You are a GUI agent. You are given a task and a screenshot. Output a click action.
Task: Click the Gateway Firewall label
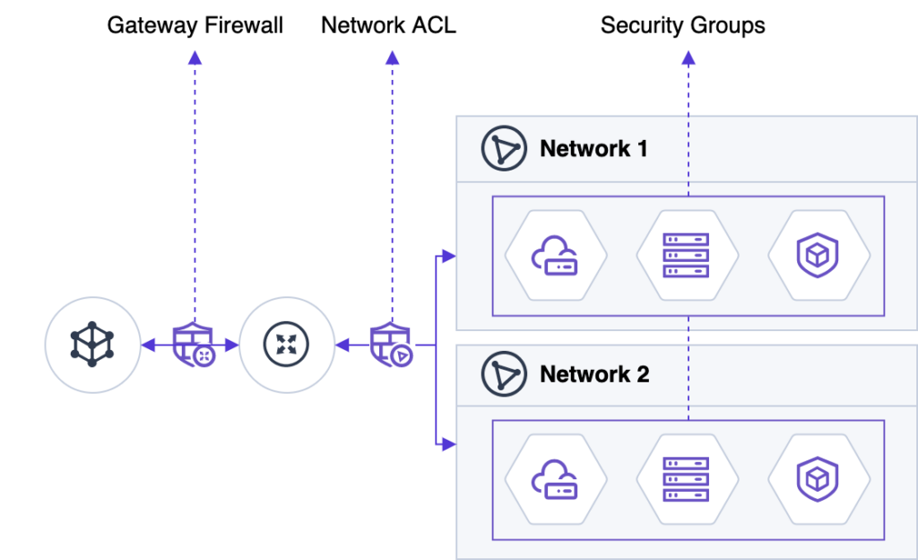point(195,25)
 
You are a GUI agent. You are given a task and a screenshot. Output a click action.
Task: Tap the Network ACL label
point(388,25)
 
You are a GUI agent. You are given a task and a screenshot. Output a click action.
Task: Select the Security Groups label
point(682,25)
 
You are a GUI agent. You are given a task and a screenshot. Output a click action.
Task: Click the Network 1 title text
point(593,149)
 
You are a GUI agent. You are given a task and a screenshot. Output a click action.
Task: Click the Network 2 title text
point(594,374)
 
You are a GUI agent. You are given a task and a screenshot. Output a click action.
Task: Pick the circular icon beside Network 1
point(504,149)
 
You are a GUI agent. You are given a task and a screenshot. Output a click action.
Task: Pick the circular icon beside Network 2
point(504,374)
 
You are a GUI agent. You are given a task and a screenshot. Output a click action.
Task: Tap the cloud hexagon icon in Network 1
point(556,255)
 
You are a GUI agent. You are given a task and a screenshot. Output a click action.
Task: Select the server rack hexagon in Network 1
point(687,255)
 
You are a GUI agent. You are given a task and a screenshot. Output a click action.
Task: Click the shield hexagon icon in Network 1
point(818,255)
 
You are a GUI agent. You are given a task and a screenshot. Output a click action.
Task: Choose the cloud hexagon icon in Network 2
point(556,479)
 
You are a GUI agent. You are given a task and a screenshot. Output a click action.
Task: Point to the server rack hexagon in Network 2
point(687,479)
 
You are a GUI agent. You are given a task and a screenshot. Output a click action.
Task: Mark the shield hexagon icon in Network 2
point(818,479)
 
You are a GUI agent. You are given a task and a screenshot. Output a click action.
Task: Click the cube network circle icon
point(92,345)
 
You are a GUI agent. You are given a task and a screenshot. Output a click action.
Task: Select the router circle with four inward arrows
point(287,345)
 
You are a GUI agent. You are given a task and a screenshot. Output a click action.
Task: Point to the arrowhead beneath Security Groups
point(688,58)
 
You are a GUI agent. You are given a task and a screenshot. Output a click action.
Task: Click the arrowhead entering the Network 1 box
point(450,258)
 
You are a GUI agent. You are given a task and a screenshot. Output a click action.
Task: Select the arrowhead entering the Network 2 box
point(450,442)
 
